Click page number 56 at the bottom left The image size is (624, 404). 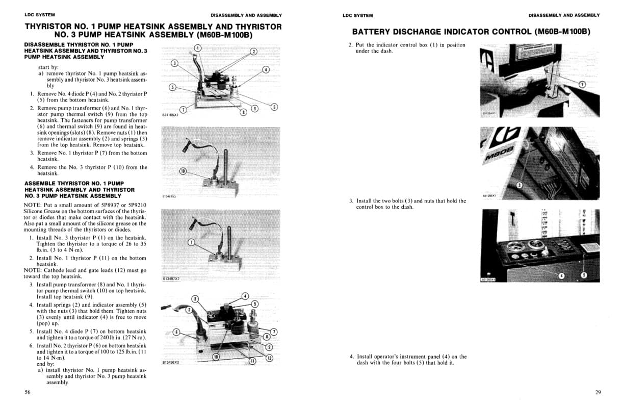click(x=28, y=392)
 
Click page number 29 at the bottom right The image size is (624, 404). click(x=597, y=392)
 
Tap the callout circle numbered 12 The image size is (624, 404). click(x=270, y=358)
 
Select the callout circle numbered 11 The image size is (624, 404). click(x=251, y=361)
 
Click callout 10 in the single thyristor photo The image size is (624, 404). click(x=183, y=171)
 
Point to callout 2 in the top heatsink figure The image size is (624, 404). click(x=254, y=52)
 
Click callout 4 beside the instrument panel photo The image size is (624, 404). click(x=562, y=275)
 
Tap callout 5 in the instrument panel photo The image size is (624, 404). click(x=584, y=275)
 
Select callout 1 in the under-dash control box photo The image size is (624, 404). click(x=582, y=84)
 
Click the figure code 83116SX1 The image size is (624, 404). click(x=169, y=115)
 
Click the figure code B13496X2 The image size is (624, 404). click(x=170, y=362)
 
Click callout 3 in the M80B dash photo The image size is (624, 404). click(x=519, y=185)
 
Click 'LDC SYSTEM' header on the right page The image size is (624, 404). click(x=357, y=15)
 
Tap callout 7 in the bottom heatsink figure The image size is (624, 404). click(x=274, y=332)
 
